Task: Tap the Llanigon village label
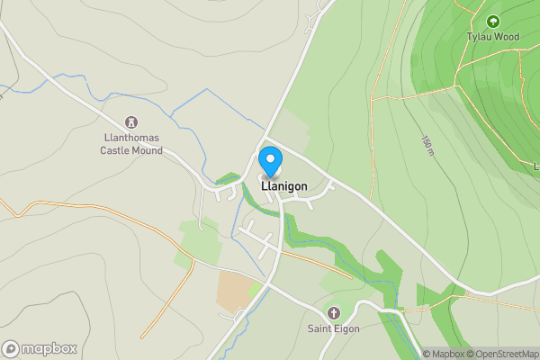[x=284, y=186]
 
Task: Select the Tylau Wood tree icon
[x=492, y=21]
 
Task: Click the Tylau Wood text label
[x=492, y=37]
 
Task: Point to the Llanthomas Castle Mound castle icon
[x=131, y=121]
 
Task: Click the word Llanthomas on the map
[x=131, y=138]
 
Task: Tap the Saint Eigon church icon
[x=334, y=313]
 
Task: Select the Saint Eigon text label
[x=334, y=329]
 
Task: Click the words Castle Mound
[x=131, y=150]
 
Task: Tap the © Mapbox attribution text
[x=446, y=354]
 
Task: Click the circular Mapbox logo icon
[x=11, y=349]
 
